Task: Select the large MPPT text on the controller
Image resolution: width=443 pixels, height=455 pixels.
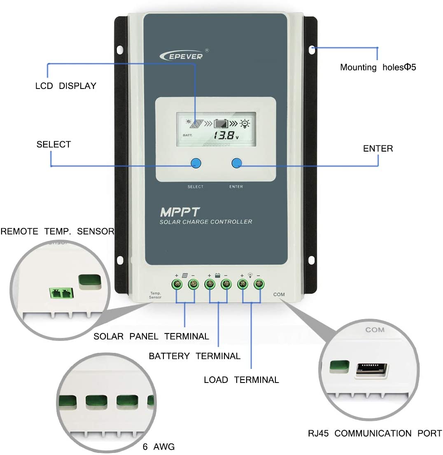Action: pyautogui.click(x=180, y=212)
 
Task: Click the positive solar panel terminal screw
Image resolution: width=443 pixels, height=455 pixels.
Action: pyautogui.click(x=177, y=284)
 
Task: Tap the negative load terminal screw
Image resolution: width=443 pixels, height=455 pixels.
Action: pyautogui.click(x=258, y=284)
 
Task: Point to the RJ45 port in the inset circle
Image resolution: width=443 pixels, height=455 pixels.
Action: pyautogui.click(x=372, y=369)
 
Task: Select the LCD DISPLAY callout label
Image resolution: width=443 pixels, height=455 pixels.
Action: pyautogui.click(x=65, y=86)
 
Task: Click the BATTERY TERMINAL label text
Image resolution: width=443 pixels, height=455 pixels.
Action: pyautogui.click(x=194, y=356)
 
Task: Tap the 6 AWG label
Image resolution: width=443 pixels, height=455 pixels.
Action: pyautogui.click(x=159, y=447)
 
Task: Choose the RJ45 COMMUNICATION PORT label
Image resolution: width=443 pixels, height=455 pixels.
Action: pyautogui.click(x=375, y=434)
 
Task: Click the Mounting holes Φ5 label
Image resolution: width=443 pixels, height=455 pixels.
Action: pyautogui.click(x=378, y=68)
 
